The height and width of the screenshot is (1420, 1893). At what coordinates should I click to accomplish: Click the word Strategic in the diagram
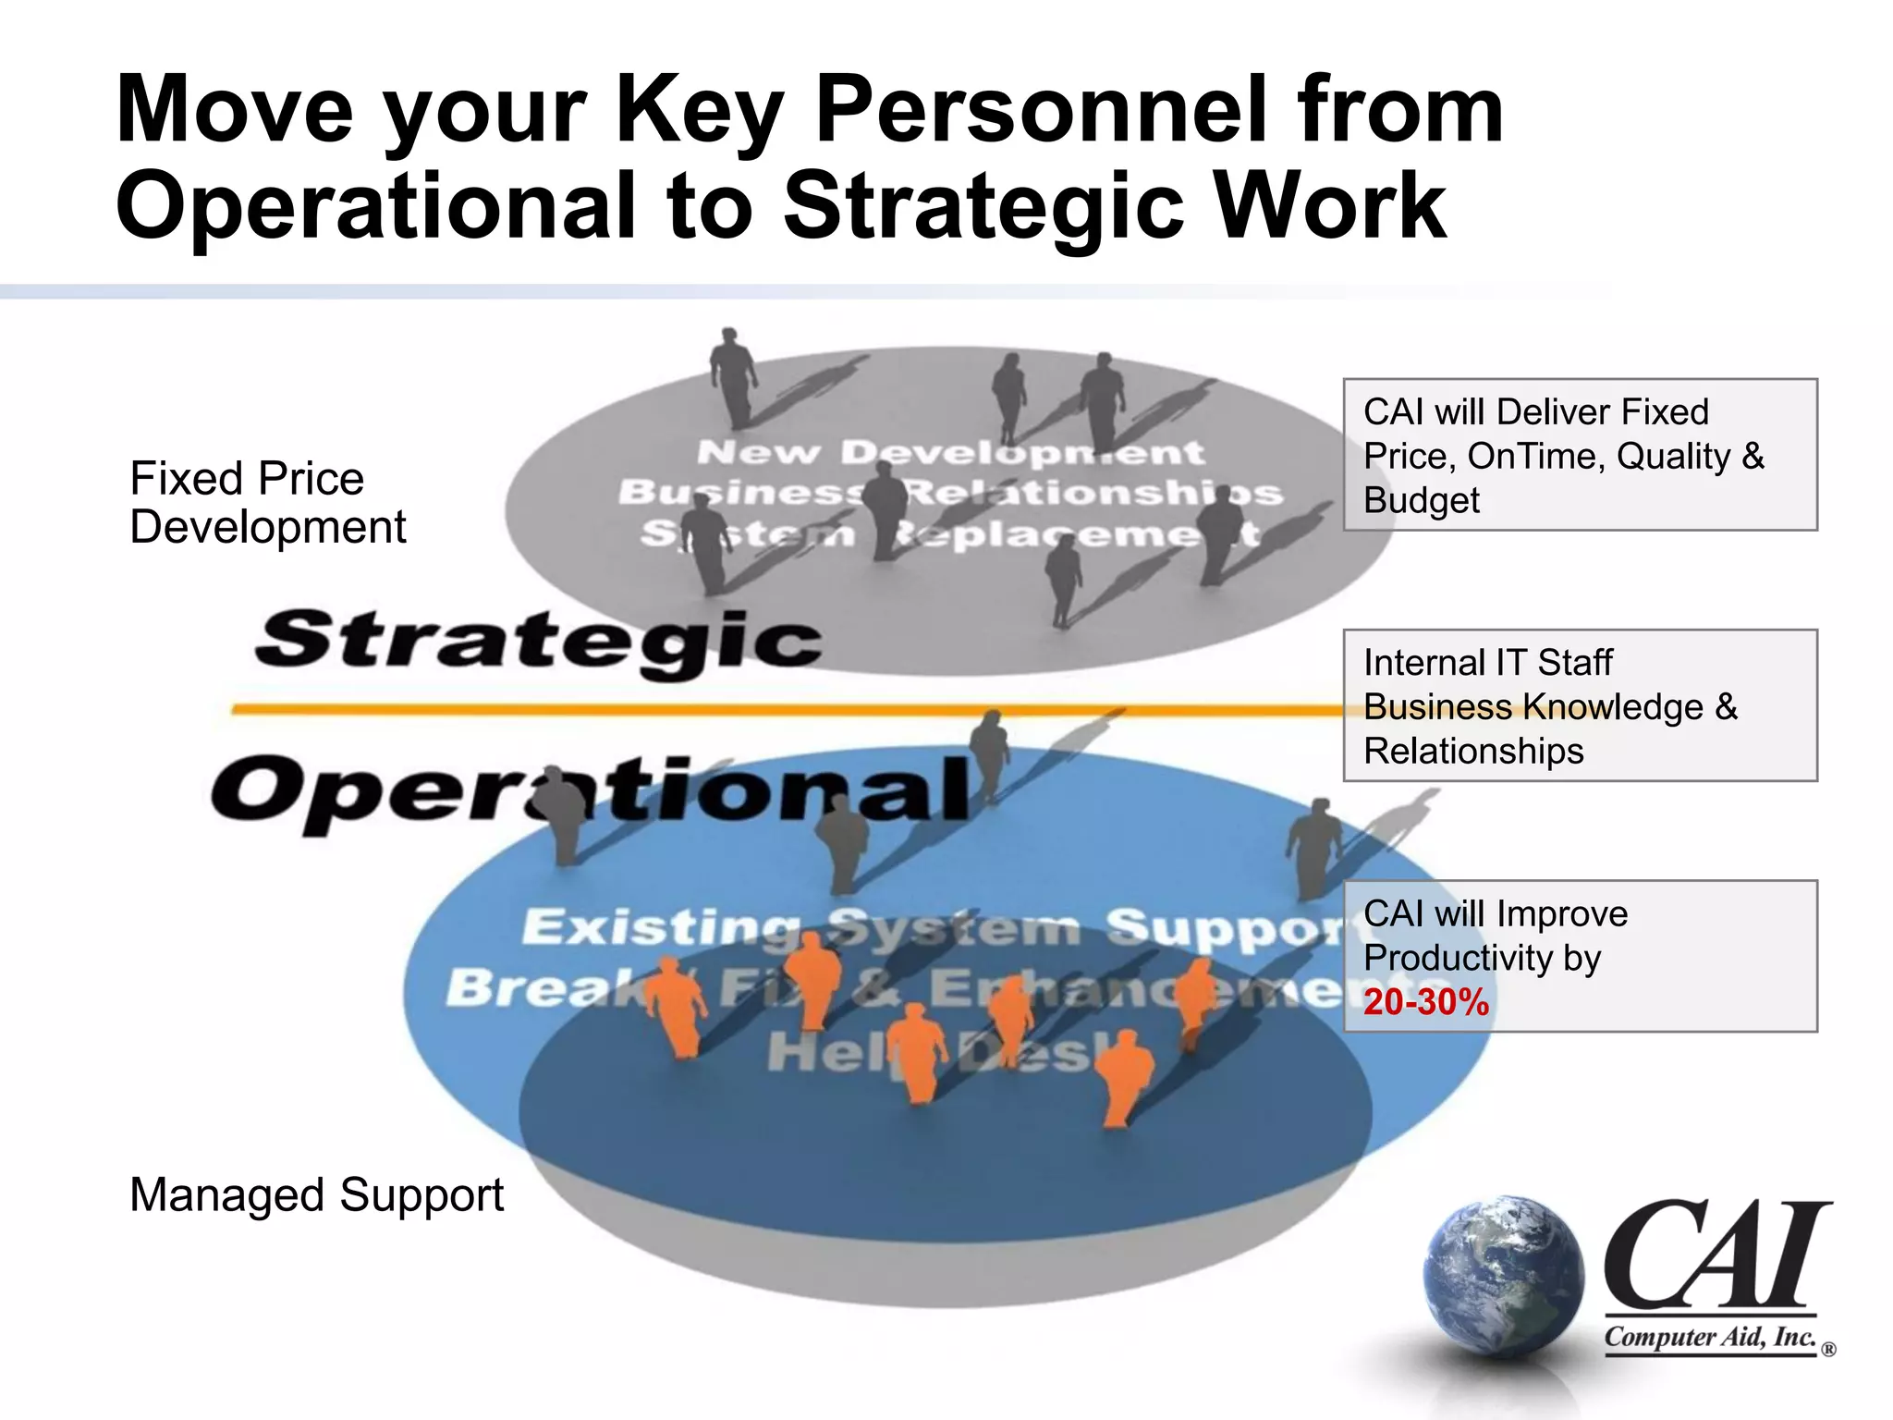539,641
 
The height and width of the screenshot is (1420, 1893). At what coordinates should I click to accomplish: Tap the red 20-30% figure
1426,1002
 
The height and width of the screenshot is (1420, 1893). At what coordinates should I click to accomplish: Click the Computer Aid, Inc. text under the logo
1710,1338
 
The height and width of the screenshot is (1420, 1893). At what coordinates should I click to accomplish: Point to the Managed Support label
316,1194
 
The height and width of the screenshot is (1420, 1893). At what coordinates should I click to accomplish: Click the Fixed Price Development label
267,503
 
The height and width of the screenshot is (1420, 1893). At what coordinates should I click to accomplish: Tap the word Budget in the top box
1421,500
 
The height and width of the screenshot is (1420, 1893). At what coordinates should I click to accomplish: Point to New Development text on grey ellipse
950,452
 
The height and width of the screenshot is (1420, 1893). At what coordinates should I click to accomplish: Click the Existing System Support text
934,927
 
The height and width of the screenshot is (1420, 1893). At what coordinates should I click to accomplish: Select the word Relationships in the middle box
1473,751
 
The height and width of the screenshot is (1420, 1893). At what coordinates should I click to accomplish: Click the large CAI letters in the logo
1715,1255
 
